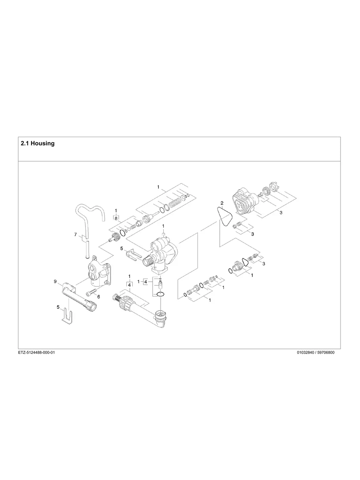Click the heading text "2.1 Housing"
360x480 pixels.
click(x=37, y=143)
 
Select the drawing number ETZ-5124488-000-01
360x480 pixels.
click(x=36, y=352)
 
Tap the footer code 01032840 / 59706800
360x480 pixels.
click(x=315, y=352)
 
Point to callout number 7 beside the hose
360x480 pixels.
click(x=75, y=235)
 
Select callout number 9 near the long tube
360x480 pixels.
click(x=55, y=281)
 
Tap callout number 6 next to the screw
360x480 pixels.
click(x=99, y=296)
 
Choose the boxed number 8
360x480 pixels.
click(x=116, y=218)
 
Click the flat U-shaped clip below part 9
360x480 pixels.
click(x=68, y=316)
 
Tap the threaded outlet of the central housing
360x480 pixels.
click(x=150, y=261)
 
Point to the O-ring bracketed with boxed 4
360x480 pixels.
click(x=160, y=294)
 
